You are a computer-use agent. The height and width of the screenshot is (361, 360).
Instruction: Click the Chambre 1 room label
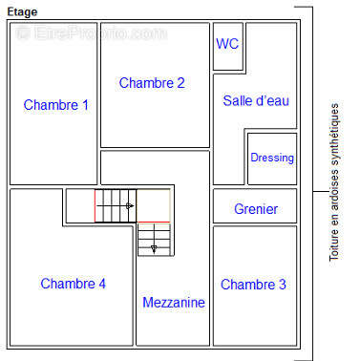coord(56,105)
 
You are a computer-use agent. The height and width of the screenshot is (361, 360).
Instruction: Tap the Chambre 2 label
coord(152,83)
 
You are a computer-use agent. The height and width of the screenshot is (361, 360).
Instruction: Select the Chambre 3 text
coord(253,285)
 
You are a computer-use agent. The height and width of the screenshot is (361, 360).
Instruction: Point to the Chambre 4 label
coord(74,284)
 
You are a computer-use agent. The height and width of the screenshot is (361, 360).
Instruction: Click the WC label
coord(227,43)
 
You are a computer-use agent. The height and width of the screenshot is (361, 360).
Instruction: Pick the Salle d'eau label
coord(256,100)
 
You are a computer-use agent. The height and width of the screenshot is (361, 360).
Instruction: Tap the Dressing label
coord(272,158)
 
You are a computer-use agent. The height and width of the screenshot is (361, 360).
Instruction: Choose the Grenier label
coord(255,209)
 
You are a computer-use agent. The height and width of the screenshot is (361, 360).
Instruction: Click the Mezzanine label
coord(174,303)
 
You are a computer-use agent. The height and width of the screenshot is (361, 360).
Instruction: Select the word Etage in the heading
coord(22,11)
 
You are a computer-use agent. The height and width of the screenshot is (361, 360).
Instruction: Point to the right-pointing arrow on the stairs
coord(128,205)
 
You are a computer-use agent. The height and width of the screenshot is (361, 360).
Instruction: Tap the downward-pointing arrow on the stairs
coord(153,248)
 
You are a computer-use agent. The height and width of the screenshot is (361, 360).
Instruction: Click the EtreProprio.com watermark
coord(91,33)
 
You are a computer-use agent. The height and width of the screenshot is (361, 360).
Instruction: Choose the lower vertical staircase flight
coord(154,239)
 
